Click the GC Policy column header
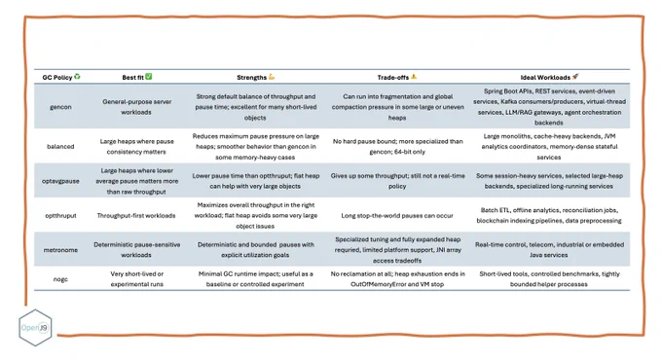pos(57,77)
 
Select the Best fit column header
pos(133,77)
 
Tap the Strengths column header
pos(251,77)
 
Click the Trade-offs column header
pos(393,77)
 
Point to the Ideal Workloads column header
pos(545,77)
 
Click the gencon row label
pos(60,107)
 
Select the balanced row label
pos(60,147)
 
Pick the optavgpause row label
pos(60,181)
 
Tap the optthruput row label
pos(60,216)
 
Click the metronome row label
pos(60,250)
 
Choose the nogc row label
pos(60,279)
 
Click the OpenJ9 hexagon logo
pos(35,328)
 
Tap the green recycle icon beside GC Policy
pos(77,77)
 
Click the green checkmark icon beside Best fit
pos(149,77)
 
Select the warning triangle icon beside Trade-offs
pos(414,77)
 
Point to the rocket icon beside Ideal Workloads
pos(575,77)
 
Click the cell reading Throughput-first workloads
pos(136,216)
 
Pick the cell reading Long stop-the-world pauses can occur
pos(397,216)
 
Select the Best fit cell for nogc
pos(137,279)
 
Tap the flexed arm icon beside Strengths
pos(272,77)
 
